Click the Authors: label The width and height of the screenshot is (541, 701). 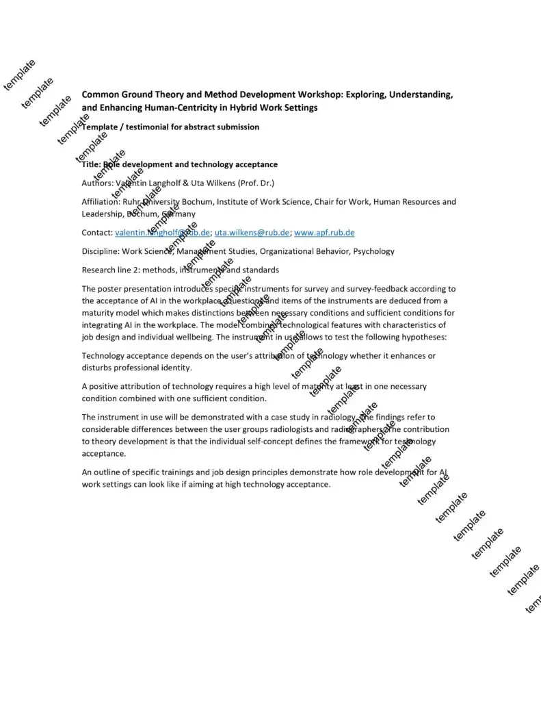click(98, 183)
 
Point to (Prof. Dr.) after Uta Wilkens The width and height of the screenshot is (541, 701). click(255, 183)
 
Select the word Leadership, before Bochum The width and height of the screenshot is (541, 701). click(103, 214)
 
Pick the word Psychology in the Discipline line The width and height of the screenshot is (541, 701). click(373, 251)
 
